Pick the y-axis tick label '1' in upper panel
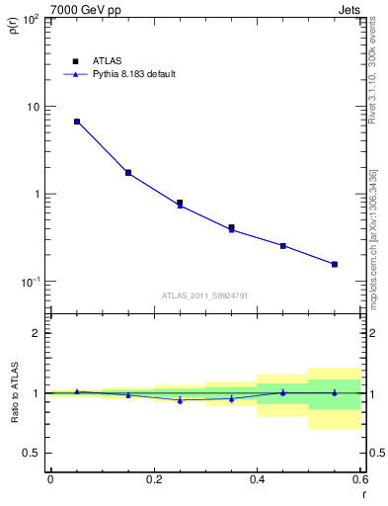coord(37,195)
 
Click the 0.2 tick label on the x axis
coord(153,479)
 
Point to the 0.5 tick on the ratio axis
coord(33,453)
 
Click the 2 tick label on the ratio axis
coord(37,334)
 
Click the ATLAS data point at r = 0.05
coord(76,122)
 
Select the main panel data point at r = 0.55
coord(335,264)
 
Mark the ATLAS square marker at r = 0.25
coord(180,203)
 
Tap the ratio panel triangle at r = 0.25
coord(180,400)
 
